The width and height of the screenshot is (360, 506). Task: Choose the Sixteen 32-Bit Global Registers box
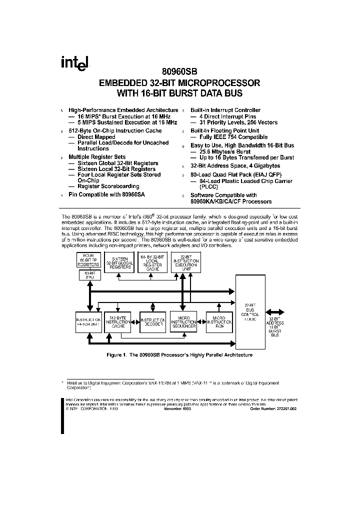120,263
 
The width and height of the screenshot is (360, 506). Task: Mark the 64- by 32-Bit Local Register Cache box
152,263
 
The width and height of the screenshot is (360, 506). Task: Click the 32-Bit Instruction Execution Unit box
185,263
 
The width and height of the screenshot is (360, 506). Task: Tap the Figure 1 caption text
179,354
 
